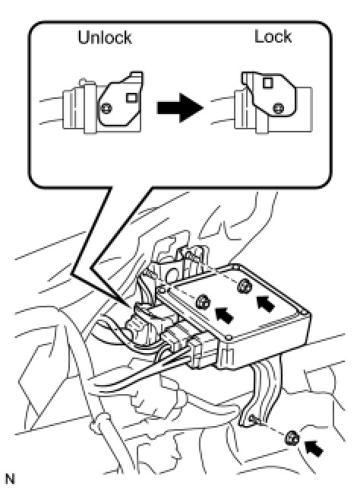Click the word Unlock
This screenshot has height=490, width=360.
(105, 37)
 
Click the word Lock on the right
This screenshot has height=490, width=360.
(273, 37)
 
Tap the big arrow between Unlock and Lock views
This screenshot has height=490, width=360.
(180, 108)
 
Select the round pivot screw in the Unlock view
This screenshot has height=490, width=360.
(107, 108)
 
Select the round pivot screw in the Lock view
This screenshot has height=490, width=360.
(278, 108)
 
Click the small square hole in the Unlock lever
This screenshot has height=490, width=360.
(132, 98)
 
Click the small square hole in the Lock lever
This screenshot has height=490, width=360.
(268, 83)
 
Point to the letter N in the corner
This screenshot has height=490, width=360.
(10, 479)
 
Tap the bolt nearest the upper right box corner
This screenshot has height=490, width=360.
(245, 286)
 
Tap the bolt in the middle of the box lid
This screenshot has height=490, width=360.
(204, 302)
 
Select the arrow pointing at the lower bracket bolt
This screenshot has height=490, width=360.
(314, 448)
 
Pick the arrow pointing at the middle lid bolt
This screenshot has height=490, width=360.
(224, 315)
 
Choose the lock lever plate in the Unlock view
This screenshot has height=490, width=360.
(121, 100)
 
